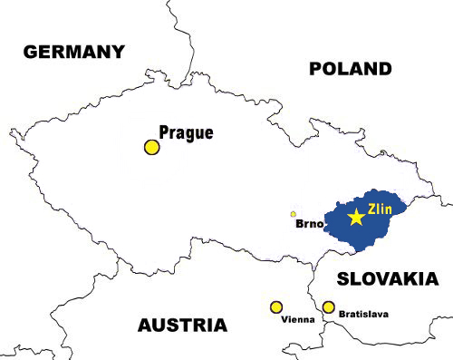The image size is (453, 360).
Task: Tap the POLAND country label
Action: [350, 69]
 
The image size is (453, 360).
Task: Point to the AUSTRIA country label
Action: [182, 325]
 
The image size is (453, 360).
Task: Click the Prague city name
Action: [186, 132]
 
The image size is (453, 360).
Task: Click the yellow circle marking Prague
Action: [152, 147]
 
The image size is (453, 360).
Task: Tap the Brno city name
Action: [311, 223]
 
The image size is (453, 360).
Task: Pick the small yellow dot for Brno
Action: [293, 215]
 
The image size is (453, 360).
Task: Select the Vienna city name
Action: [298, 320]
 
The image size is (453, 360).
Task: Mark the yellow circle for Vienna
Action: [276, 307]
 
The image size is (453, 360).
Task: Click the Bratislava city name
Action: [363, 314]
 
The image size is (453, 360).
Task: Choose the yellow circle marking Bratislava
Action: [329, 307]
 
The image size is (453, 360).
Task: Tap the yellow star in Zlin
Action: [357, 218]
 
